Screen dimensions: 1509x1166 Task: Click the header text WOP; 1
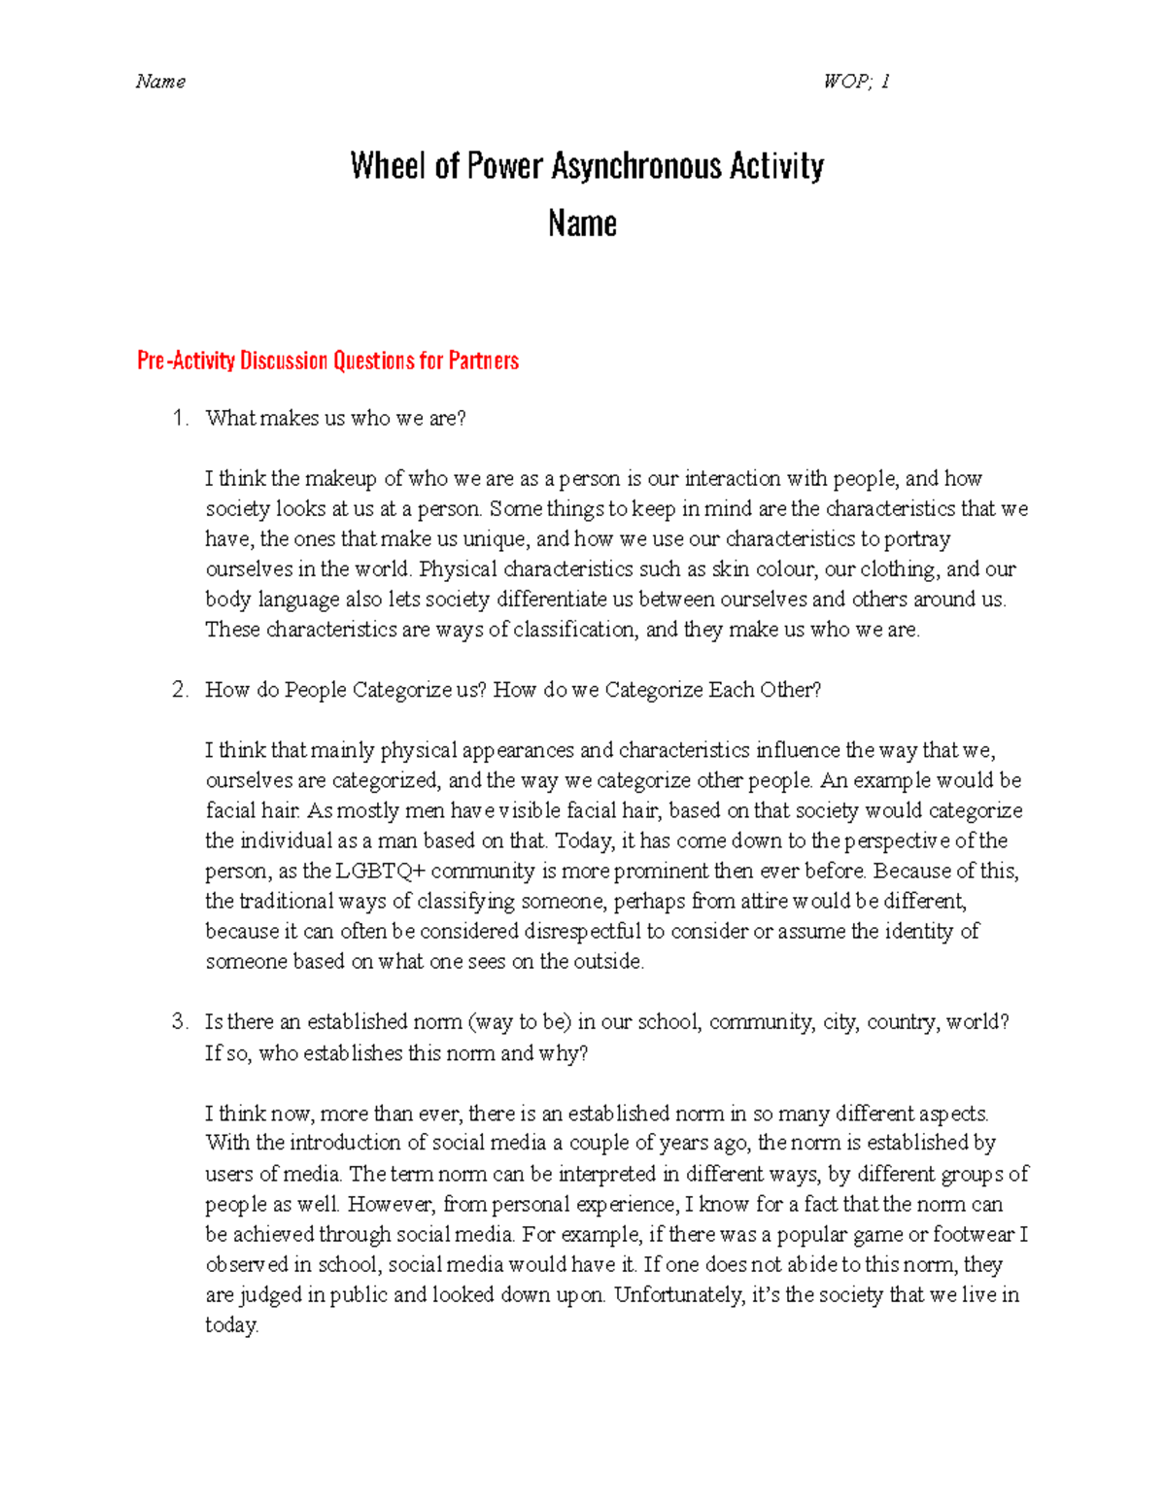(x=856, y=82)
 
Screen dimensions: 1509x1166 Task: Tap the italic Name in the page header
(x=160, y=82)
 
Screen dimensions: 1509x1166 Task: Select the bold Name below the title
(x=582, y=223)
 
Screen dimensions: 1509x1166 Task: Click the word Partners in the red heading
(x=483, y=360)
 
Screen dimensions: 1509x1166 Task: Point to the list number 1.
(x=179, y=419)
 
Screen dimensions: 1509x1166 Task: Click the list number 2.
(x=179, y=690)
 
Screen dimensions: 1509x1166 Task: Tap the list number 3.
(x=179, y=1022)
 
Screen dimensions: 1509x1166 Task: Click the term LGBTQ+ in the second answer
(x=381, y=872)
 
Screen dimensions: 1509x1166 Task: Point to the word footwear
(x=974, y=1235)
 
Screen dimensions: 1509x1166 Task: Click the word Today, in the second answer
(x=583, y=841)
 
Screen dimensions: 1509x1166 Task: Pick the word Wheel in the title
(x=388, y=166)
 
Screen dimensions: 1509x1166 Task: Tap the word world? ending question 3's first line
(x=977, y=1022)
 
